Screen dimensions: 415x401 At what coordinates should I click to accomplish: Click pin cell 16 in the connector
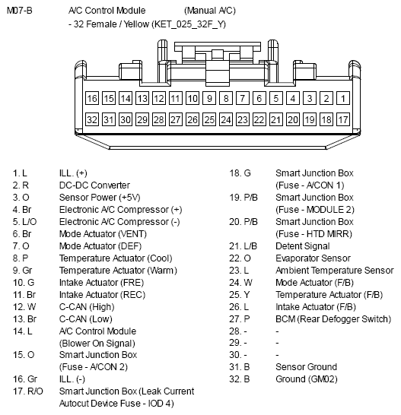(x=92, y=99)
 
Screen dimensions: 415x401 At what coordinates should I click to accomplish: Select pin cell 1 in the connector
(x=344, y=99)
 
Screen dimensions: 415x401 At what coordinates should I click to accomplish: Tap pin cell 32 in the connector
(x=92, y=120)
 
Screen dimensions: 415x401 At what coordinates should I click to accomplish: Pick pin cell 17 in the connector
(x=344, y=120)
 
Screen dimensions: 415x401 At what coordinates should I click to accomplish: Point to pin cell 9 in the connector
(x=209, y=99)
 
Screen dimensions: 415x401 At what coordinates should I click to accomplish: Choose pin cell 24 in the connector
(x=226, y=120)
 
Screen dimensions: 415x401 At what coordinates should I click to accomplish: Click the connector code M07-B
(x=21, y=11)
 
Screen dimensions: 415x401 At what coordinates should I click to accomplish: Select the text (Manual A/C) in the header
(x=209, y=11)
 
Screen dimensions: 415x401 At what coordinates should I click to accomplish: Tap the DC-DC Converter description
(x=94, y=185)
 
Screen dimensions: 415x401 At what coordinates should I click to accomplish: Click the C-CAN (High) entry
(x=88, y=307)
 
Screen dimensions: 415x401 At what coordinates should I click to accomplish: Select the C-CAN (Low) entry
(x=86, y=319)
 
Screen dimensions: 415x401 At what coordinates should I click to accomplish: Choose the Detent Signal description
(x=303, y=246)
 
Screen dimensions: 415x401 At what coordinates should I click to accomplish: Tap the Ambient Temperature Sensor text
(x=334, y=271)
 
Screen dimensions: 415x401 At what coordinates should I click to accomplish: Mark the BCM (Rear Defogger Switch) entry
(x=333, y=319)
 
